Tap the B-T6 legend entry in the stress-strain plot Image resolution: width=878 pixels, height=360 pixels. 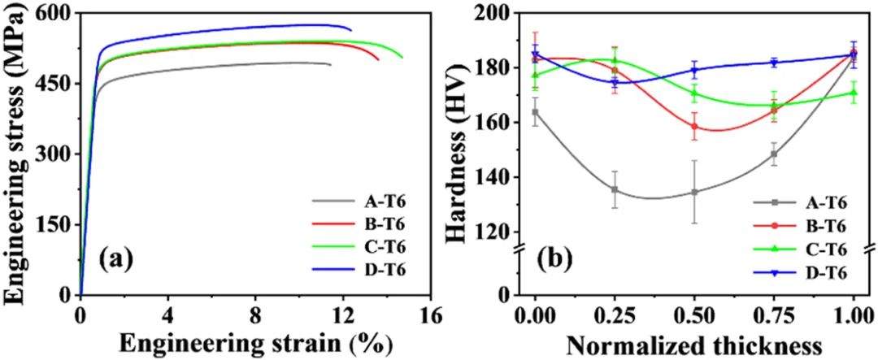[382, 223]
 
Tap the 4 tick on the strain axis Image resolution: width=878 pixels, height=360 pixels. [168, 314]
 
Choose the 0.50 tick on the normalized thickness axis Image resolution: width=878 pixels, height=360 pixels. [694, 314]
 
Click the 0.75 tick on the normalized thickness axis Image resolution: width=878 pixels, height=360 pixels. [774, 314]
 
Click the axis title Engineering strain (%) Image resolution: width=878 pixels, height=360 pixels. [255, 342]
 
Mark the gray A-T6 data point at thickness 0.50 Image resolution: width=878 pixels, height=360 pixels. [694, 192]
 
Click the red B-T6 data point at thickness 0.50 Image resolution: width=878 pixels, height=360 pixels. [694, 127]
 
